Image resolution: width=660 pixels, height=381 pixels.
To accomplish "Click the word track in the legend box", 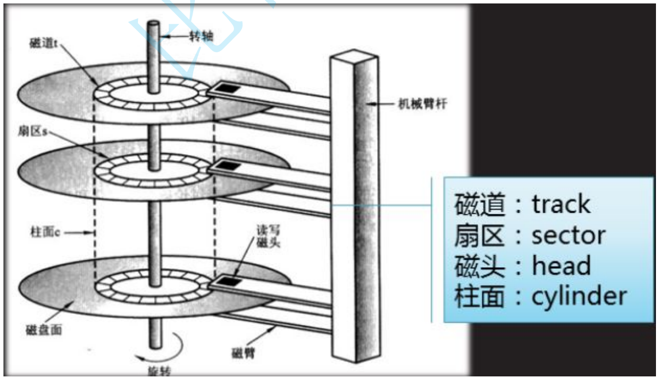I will [x=561, y=204].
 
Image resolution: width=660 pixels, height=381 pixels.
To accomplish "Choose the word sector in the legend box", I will [x=569, y=236].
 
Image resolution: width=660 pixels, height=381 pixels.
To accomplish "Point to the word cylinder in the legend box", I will [x=579, y=297].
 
